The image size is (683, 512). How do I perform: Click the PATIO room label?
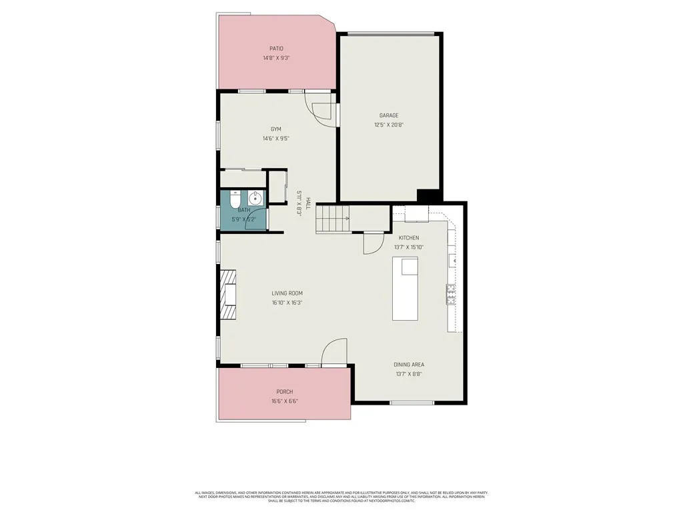[x=276, y=49]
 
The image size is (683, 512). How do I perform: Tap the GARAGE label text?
[x=389, y=115]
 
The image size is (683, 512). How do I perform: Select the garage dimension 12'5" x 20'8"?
[x=389, y=125]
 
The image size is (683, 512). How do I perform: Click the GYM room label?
[x=275, y=129]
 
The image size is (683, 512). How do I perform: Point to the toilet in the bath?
[x=233, y=199]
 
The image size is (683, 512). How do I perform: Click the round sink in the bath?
[x=255, y=198]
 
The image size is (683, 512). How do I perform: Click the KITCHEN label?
[x=409, y=238]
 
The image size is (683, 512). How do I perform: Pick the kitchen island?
[x=405, y=289]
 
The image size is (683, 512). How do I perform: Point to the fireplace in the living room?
[x=229, y=295]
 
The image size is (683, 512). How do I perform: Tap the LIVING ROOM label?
[x=287, y=293]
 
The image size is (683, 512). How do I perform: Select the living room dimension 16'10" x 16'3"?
[x=287, y=303]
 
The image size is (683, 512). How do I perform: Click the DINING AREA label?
[x=409, y=365]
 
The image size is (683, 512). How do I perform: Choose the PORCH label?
[x=285, y=392]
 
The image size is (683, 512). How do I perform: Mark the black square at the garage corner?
[x=428, y=196]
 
